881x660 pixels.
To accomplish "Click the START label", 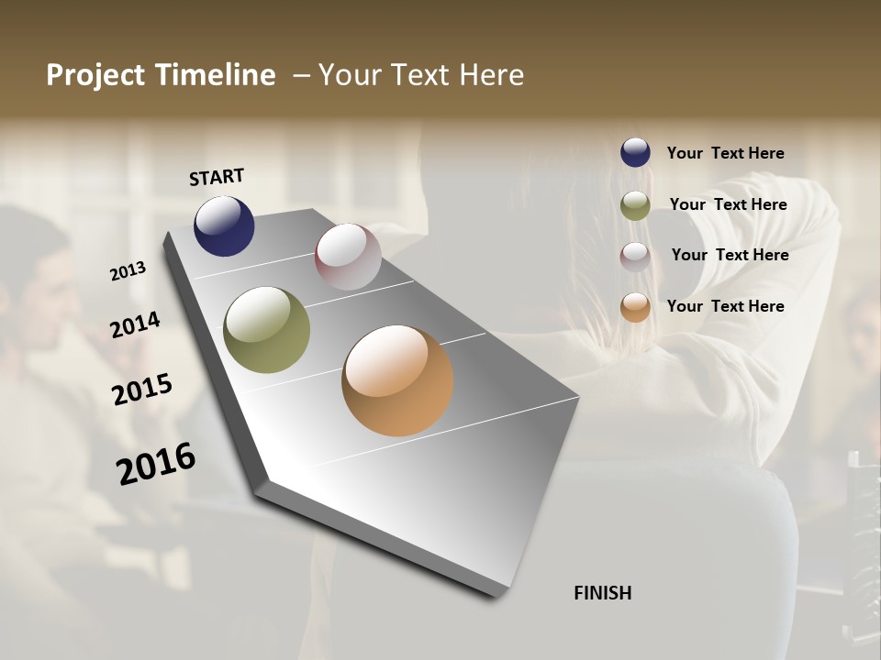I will click(217, 177).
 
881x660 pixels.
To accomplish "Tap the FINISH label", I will click(602, 593).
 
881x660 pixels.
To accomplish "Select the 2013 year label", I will click(128, 271).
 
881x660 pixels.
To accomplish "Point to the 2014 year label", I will click(136, 324).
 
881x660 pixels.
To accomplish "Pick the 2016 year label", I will click(156, 463).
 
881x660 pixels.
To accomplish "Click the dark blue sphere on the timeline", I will click(224, 225).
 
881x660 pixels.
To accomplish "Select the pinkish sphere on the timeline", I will click(348, 257).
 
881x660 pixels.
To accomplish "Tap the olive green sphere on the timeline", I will click(266, 330).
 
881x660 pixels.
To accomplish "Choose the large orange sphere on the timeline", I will click(397, 380).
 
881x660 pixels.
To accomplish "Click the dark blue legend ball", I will click(635, 152).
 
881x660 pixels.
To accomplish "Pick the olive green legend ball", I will click(635, 205).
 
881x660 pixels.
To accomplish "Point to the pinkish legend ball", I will click(635, 256).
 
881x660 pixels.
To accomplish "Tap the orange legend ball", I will click(635, 307).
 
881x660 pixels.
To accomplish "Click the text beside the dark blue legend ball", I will click(725, 154).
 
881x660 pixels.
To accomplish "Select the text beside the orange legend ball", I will click(725, 306).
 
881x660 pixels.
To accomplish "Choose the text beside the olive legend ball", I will click(728, 204).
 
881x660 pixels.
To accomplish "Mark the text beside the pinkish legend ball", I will click(730, 255).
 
